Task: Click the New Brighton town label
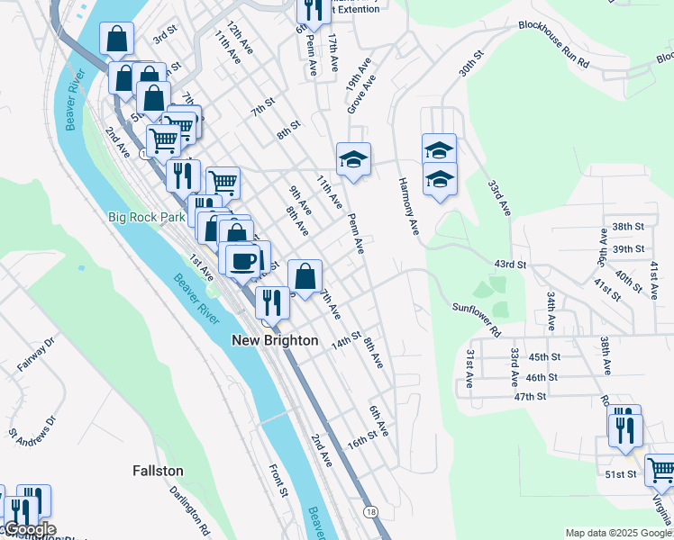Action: click(x=275, y=340)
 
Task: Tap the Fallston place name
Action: click(x=158, y=471)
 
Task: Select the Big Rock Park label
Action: click(x=146, y=217)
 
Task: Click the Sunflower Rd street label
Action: click(x=477, y=319)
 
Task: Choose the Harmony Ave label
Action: click(x=409, y=206)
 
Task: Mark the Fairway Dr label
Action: click(x=36, y=355)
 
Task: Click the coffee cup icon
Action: click(x=241, y=260)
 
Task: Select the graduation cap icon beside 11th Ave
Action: click(x=353, y=159)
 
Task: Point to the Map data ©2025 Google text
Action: click(x=618, y=533)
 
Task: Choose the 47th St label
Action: click(x=531, y=396)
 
